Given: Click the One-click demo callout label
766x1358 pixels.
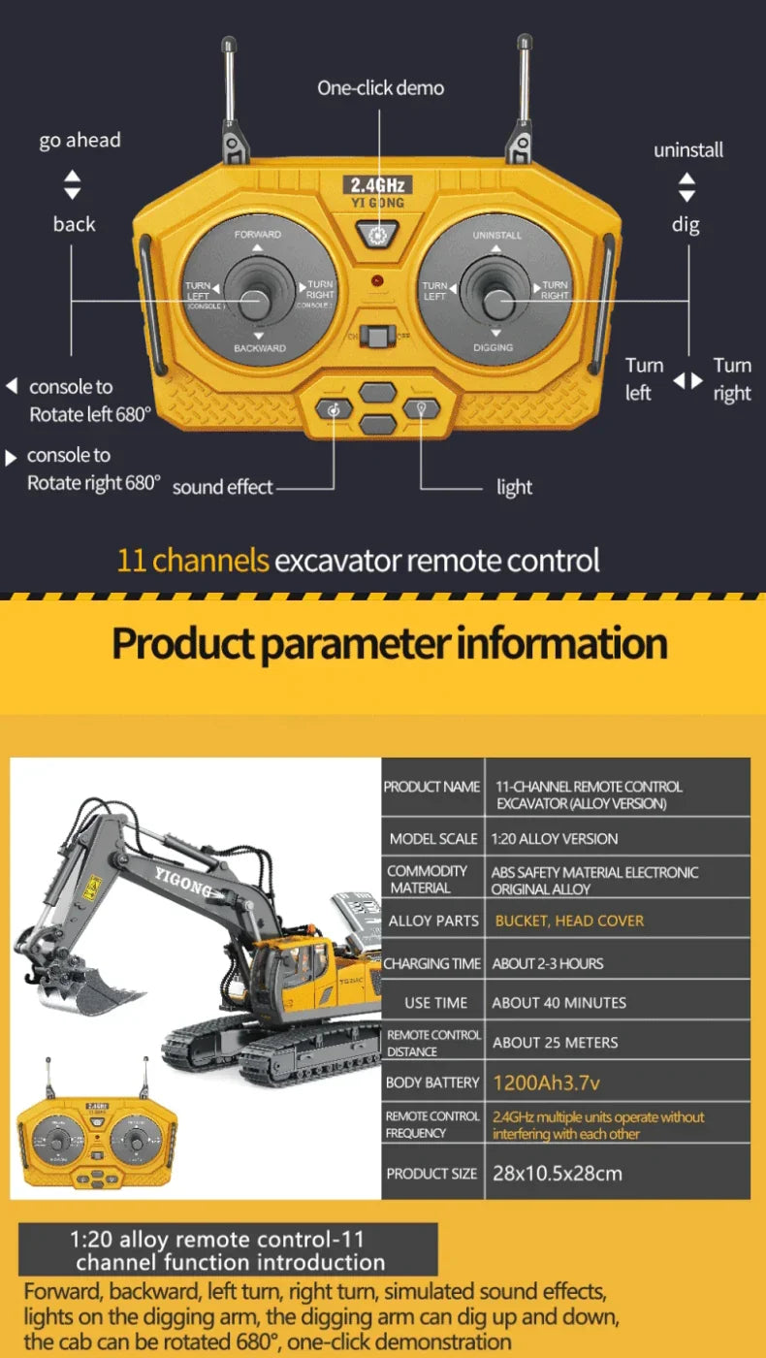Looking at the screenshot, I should tap(380, 88).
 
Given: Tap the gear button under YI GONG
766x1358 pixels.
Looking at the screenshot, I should tap(377, 234).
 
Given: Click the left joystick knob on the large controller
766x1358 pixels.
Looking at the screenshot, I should tap(257, 301).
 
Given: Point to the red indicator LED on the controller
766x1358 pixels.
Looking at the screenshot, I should tap(377, 281).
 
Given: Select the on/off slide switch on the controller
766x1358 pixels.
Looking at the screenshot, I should tap(377, 337).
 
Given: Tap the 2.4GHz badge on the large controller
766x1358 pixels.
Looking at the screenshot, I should tap(377, 184).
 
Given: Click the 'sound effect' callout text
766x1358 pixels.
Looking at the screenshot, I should tap(222, 488).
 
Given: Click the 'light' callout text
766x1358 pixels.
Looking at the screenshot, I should tap(514, 488).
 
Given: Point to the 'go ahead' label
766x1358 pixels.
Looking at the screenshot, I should tap(80, 141).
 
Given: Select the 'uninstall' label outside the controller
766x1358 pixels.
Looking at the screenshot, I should tap(687, 150).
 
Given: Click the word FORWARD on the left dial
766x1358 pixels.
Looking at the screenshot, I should tap(257, 235).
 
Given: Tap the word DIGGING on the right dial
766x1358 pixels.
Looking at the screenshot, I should tap(494, 347).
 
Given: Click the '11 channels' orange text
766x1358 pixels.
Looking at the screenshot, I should tap(192, 561).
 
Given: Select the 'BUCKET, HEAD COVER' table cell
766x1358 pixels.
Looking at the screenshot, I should tap(568, 921).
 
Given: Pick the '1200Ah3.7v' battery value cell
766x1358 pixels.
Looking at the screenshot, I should tap(539, 1083).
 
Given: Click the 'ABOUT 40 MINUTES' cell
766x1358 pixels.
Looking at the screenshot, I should tap(559, 1003).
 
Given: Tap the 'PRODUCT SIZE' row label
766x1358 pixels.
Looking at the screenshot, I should tap(431, 1174).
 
